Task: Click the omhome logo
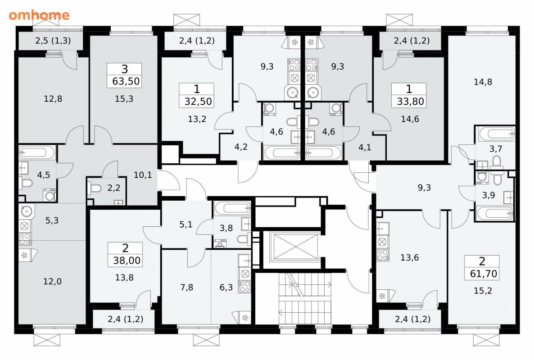pyautogui.click(x=39, y=15)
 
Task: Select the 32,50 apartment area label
pyautogui.click(x=198, y=101)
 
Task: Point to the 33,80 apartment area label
pyautogui.click(x=410, y=101)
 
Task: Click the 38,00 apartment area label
pyautogui.click(x=127, y=261)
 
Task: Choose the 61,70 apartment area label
pyautogui.click(x=484, y=274)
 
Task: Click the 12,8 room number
pyautogui.click(x=53, y=99)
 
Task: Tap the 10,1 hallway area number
pyautogui.click(x=143, y=175)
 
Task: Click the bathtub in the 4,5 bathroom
pyautogui.click(x=37, y=153)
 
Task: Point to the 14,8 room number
pyautogui.click(x=483, y=82)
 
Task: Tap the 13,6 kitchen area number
pyautogui.click(x=409, y=257)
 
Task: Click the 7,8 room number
pyautogui.click(x=186, y=288)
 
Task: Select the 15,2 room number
pyautogui.click(x=483, y=291)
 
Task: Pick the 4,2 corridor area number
pyautogui.click(x=241, y=147)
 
